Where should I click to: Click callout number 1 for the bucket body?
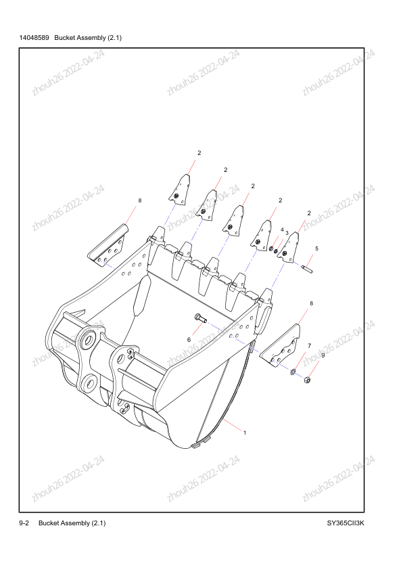245,433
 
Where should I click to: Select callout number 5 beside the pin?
316,248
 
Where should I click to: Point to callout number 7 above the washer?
309,346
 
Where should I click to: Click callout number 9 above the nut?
323,355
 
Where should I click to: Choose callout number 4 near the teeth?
282,229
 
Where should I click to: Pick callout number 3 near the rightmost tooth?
287,233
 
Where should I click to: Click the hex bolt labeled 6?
201,318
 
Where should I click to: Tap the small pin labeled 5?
307,269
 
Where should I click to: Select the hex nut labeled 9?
307,380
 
